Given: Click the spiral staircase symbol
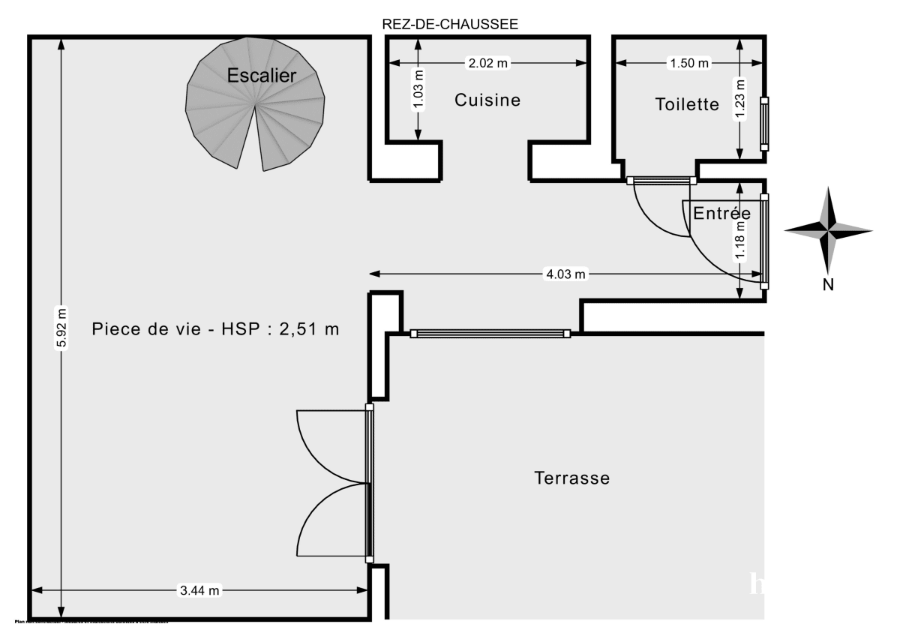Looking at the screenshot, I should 256,112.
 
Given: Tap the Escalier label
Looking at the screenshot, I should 262,75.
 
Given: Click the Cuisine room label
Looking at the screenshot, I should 487,100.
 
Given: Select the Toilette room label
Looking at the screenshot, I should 687,104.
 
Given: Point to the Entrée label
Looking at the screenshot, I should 721,213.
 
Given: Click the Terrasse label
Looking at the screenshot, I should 571,478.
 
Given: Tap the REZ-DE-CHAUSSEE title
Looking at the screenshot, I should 450,24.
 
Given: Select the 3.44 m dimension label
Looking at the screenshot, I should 199,590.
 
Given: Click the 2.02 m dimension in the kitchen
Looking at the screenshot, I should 488,64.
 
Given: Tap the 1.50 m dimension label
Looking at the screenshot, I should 688,64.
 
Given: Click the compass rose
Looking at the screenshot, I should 829,230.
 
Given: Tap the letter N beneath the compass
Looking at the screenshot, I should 829,284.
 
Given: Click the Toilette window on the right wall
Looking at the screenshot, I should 764,124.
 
